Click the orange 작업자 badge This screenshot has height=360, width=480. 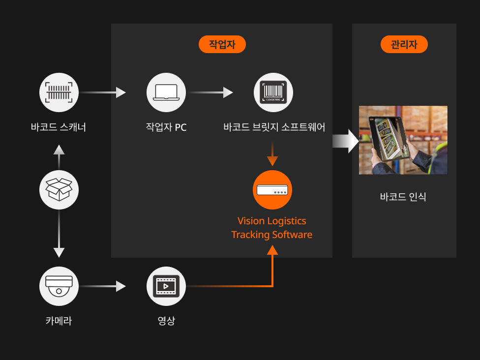tap(222, 44)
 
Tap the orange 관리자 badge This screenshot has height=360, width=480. tap(404, 44)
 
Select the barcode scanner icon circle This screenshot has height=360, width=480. tap(59, 92)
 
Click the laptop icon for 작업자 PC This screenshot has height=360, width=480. tap(166, 92)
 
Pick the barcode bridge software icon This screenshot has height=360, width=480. tap(273, 92)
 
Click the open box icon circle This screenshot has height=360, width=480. tap(59, 190)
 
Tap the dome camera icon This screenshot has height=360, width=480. tap(59, 286)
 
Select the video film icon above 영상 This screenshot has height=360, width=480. tap(166, 286)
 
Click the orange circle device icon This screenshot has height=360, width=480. tap(272, 190)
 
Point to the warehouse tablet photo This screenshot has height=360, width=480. tap(403, 140)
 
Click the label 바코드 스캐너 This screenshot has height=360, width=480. tap(59, 127)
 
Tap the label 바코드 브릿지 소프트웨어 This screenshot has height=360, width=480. tap(274, 127)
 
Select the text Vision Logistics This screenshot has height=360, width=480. tap(272, 221)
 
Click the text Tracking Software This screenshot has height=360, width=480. tap(272, 235)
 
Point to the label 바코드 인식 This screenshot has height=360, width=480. tap(403, 197)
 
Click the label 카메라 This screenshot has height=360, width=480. tap(59, 321)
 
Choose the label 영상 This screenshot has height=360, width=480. tap(166, 321)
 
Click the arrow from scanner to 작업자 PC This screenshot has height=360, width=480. tap(103, 92)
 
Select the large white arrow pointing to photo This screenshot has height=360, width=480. tap(346, 141)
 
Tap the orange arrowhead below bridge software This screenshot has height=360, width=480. tap(272, 161)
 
